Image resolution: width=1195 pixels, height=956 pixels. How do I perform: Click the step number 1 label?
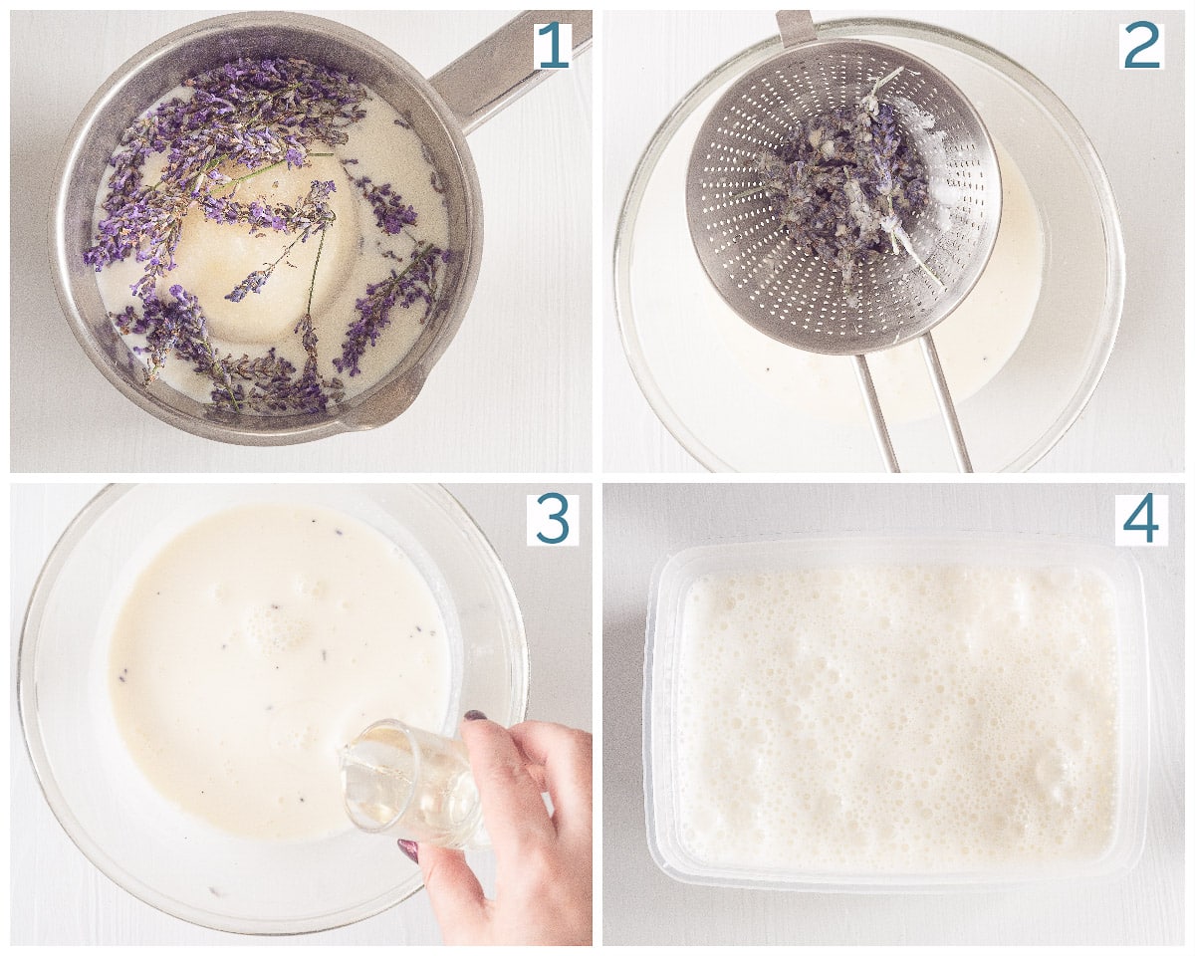click(x=552, y=46)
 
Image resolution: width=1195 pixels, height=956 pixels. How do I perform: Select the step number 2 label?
click(x=1141, y=46)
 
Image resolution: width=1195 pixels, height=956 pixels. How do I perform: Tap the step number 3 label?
click(x=552, y=519)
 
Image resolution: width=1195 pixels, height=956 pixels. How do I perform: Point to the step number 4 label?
click(x=1141, y=519)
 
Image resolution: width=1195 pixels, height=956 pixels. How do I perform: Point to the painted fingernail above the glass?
click(x=475, y=715)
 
